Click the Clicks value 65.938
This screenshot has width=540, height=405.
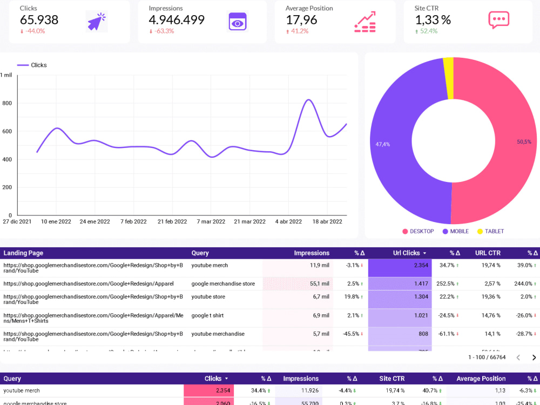pyautogui.click(x=39, y=20)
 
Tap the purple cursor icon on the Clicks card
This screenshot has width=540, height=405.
pyautogui.click(x=96, y=21)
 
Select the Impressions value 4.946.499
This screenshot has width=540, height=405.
pyautogui.click(x=177, y=20)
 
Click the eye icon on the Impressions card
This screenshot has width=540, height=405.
pyautogui.click(x=237, y=22)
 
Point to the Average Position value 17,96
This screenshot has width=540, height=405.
pyautogui.click(x=301, y=20)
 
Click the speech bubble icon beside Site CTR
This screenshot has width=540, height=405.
pyautogui.click(x=498, y=20)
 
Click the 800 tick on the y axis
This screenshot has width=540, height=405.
pyautogui.click(x=7, y=103)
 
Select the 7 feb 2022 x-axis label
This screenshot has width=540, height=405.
pyautogui.click(x=133, y=221)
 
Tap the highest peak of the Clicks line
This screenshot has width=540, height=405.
pyautogui.click(x=308, y=100)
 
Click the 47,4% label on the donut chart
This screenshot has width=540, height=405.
pyautogui.click(x=383, y=144)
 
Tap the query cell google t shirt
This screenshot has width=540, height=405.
pyautogui.click(x=207, y=315)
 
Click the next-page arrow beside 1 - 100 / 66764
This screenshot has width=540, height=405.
pyautogui.click(x=534, y=357)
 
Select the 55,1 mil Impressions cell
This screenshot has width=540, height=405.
pyautogui.click(x=319, y=283)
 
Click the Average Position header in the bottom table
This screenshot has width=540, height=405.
pyautogui.click(x=481, y=379)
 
